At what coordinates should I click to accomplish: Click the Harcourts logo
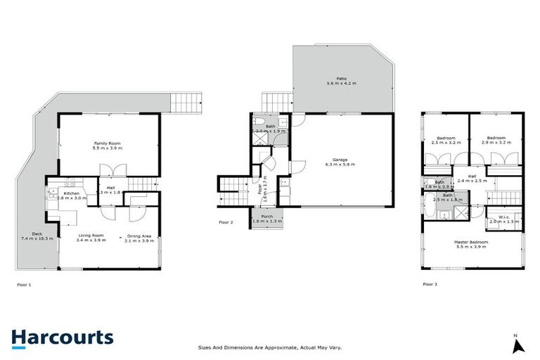[x=63, y=337]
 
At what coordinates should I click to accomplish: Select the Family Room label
[x=108, y=142]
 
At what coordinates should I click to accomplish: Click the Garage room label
[x=340, y=160]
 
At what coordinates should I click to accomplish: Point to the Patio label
[x=341, y=79]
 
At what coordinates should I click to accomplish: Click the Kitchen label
[x=72, y=193]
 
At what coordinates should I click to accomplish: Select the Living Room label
[x=91, y=236]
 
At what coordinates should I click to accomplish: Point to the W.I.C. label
[x=503, y=216]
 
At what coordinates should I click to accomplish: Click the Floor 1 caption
[x=25, y=285]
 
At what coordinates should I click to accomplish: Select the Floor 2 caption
[x=226, y=221]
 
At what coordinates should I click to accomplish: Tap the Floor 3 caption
[x=430, y=285]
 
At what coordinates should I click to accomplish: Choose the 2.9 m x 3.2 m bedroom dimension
[x=496, y=143]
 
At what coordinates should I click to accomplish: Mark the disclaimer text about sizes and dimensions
[x=270, y=347]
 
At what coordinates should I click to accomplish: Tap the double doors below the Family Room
[x=112, y=170]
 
